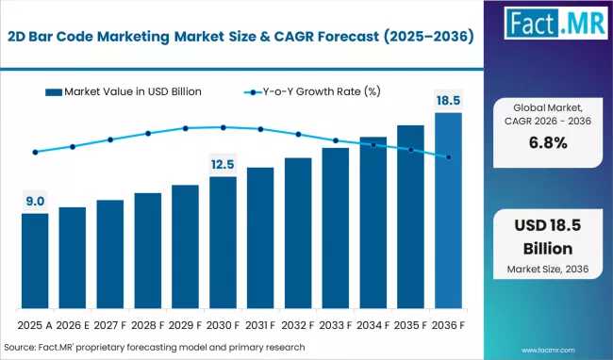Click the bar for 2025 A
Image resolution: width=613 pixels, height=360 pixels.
35,261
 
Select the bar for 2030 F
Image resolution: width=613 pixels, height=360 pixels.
223,242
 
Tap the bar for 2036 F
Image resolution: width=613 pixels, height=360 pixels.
448,210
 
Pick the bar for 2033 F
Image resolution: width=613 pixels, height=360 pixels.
336,228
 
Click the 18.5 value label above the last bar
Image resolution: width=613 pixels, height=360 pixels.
448,101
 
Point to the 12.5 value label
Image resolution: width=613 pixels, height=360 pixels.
223,164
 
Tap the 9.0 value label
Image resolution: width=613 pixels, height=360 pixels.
35,202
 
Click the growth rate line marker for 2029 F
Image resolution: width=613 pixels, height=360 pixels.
185,128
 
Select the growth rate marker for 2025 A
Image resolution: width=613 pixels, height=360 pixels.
35,152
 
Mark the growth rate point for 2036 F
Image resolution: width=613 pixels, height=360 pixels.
448,157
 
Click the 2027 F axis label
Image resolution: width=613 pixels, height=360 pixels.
109,325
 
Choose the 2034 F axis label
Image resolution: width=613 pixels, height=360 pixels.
373,325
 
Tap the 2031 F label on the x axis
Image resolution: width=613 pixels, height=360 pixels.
260,325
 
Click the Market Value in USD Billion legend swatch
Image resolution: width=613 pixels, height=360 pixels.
54,92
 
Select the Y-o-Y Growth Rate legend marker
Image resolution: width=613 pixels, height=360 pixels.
253,92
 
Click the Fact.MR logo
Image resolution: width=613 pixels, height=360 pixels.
555,23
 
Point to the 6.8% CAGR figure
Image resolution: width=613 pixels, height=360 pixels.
548,143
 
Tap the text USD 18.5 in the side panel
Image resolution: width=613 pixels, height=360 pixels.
548,225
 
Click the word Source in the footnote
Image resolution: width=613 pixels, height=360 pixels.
20,347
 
